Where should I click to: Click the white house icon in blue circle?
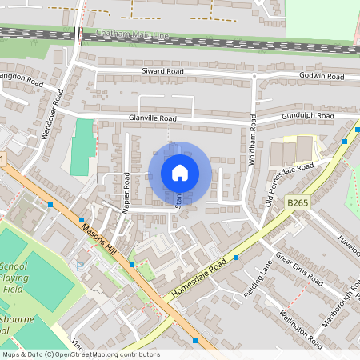[x=180, y=173]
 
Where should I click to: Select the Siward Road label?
[x=164, y=71]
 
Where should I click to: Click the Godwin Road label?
[x=322, y=76]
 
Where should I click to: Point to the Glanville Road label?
[x=152, y=118]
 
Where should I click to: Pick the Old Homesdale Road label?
[x=291, y=184]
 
